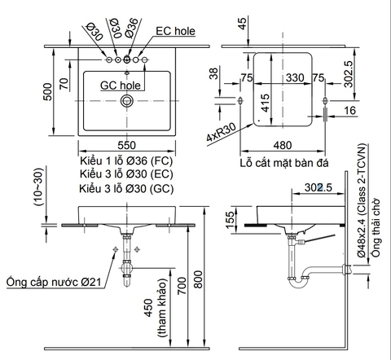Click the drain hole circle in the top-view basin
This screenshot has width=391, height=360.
126,101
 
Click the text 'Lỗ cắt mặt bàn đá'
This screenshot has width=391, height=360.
282,162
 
